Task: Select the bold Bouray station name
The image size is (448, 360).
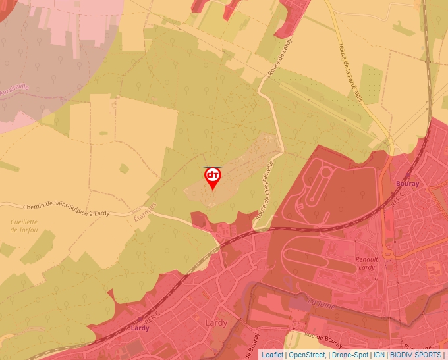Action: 408,184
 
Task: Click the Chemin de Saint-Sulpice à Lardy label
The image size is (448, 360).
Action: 70,210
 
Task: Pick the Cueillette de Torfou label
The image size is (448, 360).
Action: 24,226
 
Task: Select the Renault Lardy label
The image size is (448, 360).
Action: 366,263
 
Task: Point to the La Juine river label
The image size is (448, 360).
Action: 322,304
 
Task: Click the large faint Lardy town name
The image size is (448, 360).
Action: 216,322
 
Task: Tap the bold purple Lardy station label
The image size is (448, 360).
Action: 140,328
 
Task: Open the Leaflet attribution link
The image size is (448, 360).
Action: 272,355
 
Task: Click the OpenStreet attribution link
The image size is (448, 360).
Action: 307,355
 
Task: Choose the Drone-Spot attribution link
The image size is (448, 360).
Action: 350,355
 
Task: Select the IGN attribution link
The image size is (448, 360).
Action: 379,355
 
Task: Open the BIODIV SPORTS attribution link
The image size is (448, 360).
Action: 416,355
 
